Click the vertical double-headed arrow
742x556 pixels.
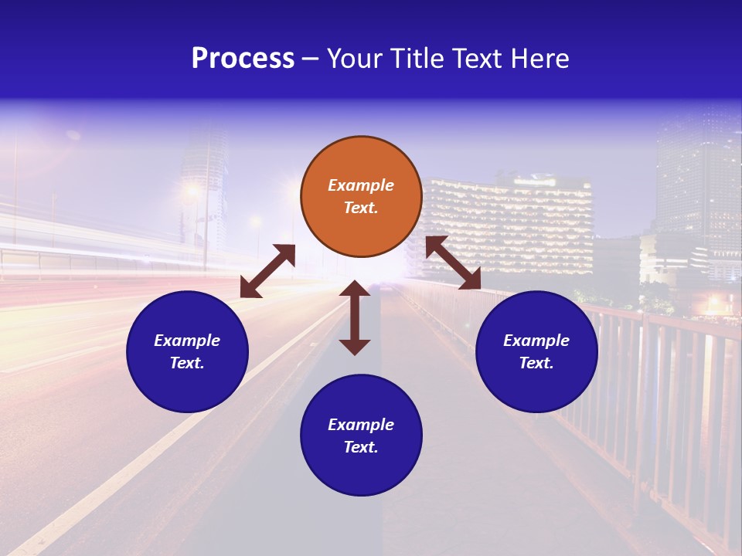pyautogui.click(x=355, y=317)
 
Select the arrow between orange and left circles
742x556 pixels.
pyautogui.click(x=267, y=271)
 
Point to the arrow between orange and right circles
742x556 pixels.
pyautogui.click(x=453, y=263)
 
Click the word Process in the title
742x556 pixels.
pyautogui.click(x=243, y=58)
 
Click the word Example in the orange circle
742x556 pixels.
pyautogui.click(x=361, y=185)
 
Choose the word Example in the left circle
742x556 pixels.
pyautogui.click(x=187, y=341)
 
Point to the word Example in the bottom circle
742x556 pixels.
pyautogui.click(x=361, y=425)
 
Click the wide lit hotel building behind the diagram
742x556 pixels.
pyautogui.click(x=510, y=224)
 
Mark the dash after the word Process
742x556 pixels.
pyautogui.click(x=310, y=59)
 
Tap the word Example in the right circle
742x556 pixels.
pyautogui.click(x=536, y=341)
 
